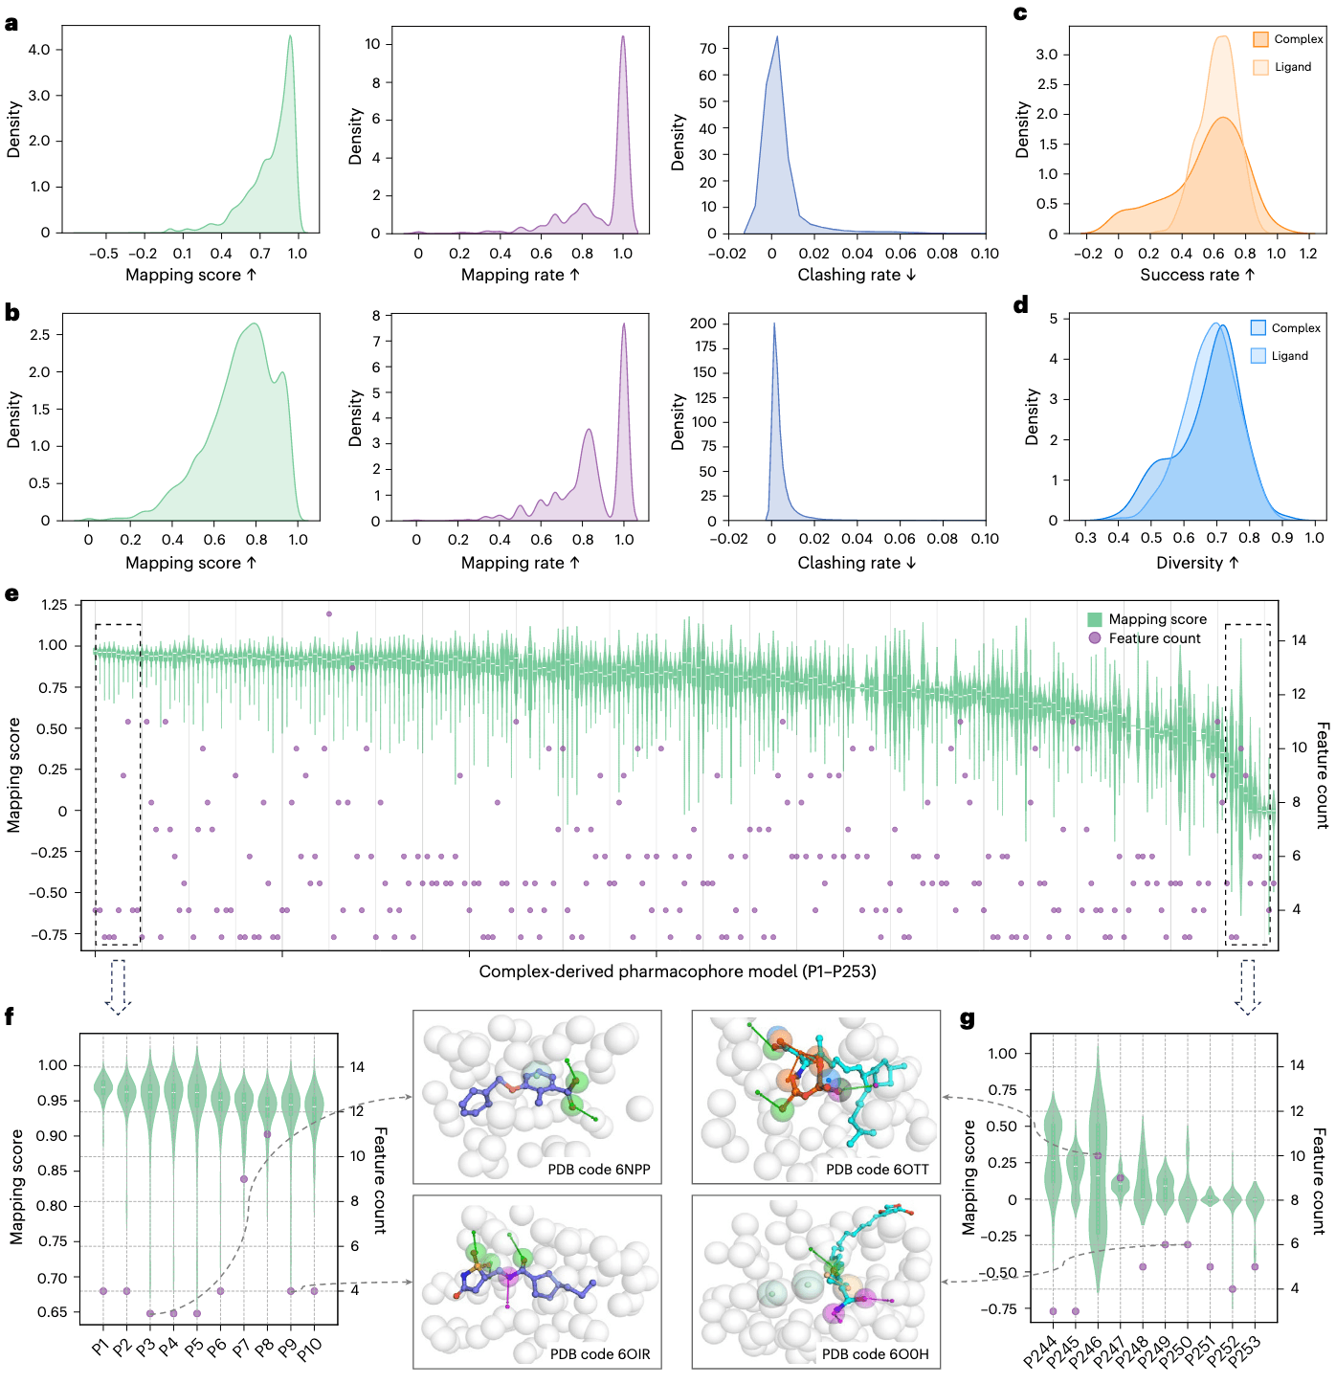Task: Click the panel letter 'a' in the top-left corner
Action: pos(11,23)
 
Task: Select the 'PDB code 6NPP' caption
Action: pos(598,1169)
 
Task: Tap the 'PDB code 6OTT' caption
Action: pos(877,1169)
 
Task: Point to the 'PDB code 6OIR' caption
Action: pos(599,1353)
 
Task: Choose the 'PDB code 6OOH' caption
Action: pos(875,1353)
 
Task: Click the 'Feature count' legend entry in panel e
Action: pos(1154,638)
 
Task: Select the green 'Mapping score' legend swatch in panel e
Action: pos(1095,619)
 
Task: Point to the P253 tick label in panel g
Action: pos(1247,1351)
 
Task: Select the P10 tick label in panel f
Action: pos(310,1350)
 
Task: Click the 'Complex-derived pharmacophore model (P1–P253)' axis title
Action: pos(678,971)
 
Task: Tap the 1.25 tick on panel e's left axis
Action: pos(55,605)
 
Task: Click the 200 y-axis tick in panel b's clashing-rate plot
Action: pos(703,324)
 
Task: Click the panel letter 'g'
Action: pos(967,1018)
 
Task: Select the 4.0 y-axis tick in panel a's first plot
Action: pos(39,50)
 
